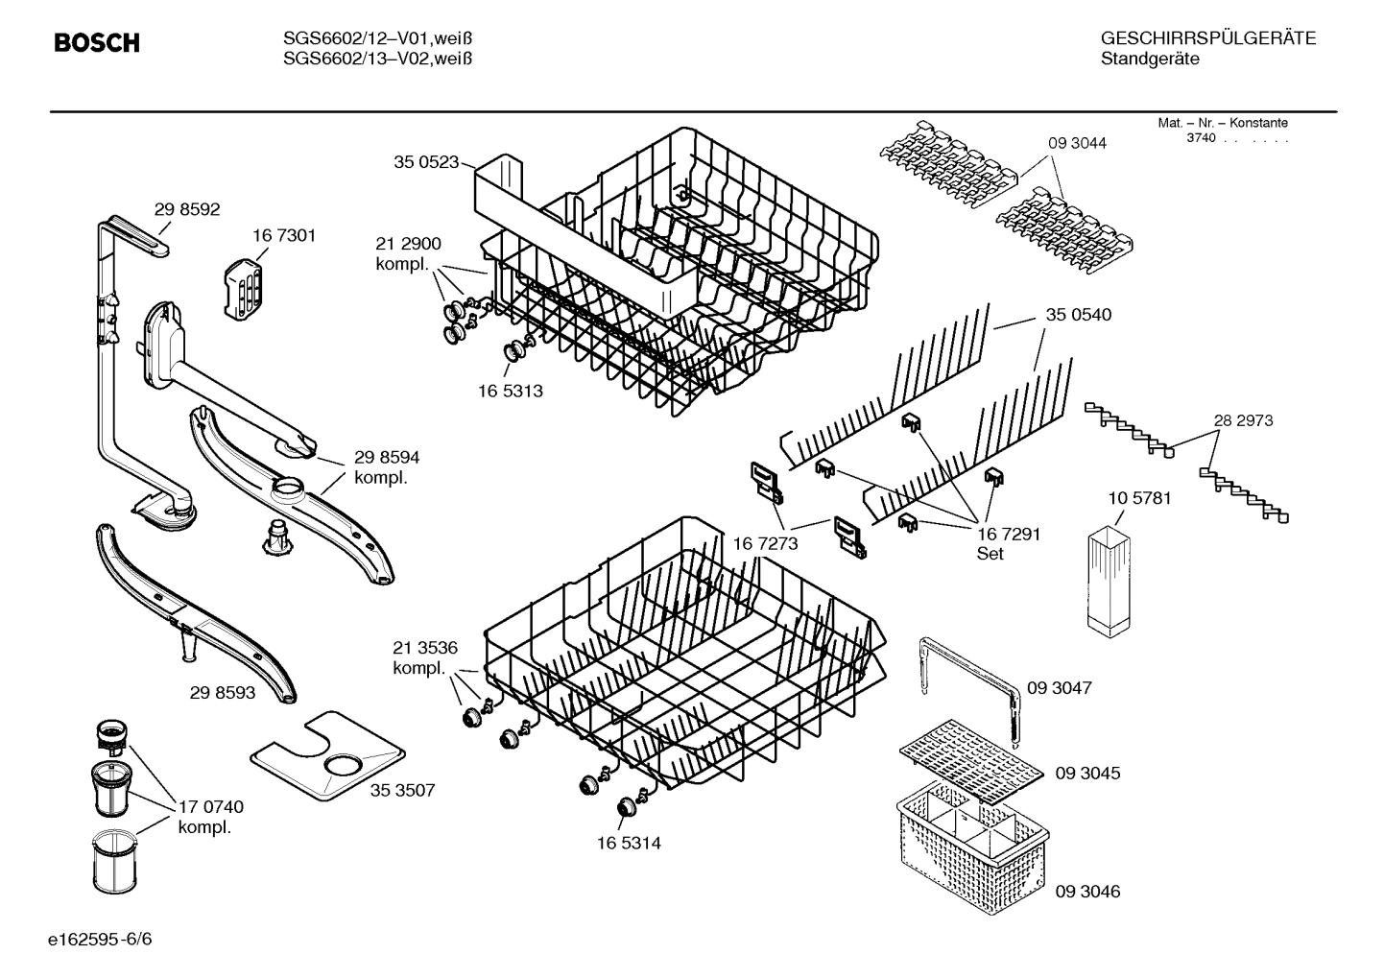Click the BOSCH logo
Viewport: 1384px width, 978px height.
[x=97, y=43]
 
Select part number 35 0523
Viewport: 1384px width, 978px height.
[x=425, y=162]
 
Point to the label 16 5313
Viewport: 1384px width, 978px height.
[x=510, y=391]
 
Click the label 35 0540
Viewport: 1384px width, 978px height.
[x=1078, y=315]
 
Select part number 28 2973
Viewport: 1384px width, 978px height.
[x=1243, y=420]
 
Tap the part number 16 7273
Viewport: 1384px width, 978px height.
[x=765, y=544]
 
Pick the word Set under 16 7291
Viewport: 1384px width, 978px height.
[x=990, y=554]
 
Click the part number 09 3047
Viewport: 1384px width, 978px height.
[x=1060, y=688]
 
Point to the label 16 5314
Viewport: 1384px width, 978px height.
[x=628, y=844]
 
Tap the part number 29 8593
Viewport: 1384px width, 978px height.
[x=222, y=692]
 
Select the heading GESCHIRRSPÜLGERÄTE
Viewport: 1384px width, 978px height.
[x=1207, y=38]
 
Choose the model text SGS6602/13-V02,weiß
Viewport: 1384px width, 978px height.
[x=378, y=59]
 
